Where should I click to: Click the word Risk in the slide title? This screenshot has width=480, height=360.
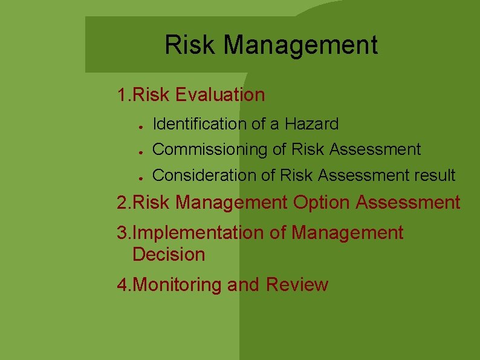coord(188,45)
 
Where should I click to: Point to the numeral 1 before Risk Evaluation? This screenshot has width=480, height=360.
coord(122,95)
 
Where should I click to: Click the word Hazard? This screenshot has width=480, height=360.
coord(312,124)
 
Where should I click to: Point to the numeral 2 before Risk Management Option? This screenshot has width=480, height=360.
coord(122,203)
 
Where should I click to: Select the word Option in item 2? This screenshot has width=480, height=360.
coord(321,203)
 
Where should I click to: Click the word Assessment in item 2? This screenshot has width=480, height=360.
coord(408,203)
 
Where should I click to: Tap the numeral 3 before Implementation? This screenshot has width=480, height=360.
coord(122,233)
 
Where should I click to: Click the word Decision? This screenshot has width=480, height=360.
coord(169,255)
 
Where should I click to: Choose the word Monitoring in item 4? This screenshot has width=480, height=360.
coord(177,285)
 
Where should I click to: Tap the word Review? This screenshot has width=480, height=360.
coord(296,285)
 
